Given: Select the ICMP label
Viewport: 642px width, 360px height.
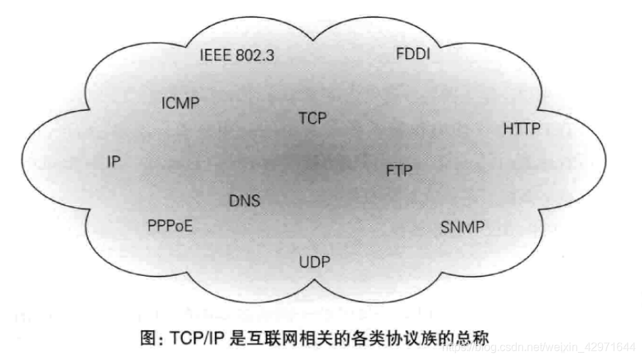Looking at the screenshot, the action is (180, 103).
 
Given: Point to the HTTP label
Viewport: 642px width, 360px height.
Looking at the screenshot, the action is (522, 129).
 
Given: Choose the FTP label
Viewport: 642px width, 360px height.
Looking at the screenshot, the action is (399, 171).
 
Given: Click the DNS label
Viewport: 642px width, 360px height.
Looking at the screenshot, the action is (244, 201).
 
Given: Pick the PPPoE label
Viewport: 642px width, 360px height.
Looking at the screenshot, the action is (170, 226).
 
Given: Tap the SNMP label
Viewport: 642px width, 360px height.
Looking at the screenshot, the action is (462, 228).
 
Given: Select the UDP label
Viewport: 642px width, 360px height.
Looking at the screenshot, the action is (315, 262).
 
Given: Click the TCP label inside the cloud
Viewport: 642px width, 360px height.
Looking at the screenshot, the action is (312, 118).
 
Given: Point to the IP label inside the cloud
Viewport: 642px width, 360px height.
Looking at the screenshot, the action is (113, 162).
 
